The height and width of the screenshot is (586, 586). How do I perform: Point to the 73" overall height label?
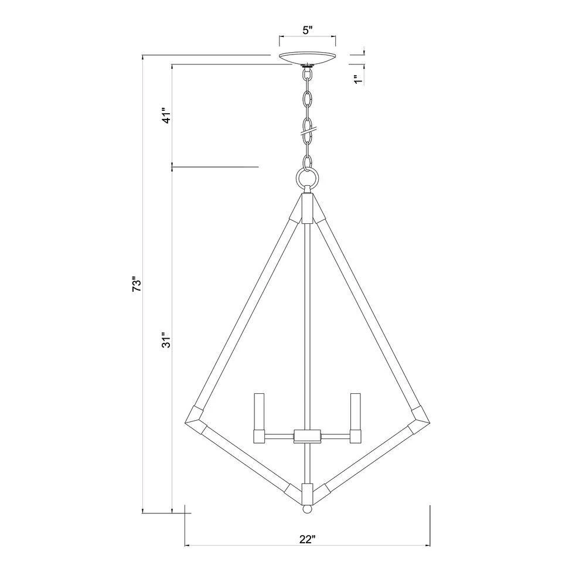click(x=137, y=284)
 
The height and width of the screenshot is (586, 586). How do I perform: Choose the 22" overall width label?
click(x=307, y=540)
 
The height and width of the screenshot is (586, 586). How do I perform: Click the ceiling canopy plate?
click(x=308, y=59)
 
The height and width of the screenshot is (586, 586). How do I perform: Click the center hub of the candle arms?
click(x=307, y=435)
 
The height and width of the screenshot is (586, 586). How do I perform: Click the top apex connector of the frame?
click(x=308, y=208)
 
